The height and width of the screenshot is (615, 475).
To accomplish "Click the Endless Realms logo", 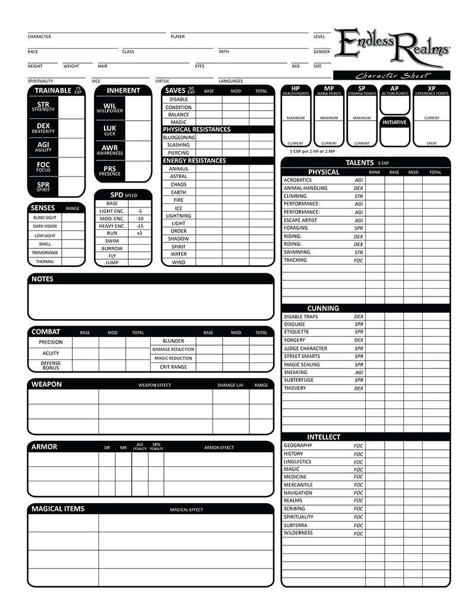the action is coord(391,47).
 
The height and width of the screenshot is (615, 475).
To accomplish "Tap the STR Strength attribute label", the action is coord(43,106).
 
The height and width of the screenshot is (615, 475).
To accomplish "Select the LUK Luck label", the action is coord(110,130).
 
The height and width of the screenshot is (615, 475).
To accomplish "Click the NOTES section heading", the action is coord(42,279).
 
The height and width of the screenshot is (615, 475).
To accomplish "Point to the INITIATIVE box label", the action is coord(394,122).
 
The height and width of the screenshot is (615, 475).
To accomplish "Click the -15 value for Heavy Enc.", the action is coord(140,226).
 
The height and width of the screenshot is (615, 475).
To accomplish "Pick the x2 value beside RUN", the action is coord(140,234).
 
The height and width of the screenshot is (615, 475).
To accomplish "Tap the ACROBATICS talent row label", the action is coord(297,180).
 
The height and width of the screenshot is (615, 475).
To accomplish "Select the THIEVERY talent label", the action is coord(294,388).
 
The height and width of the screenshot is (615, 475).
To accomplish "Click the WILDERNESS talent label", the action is coord(298,533).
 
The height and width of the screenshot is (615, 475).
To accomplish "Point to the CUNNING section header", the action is coord(323,308).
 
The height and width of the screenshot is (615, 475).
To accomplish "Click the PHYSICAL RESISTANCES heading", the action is coord(197,130).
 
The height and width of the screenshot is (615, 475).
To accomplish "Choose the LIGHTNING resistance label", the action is coord(178,216).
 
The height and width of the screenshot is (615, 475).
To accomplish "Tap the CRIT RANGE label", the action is coord(170,367).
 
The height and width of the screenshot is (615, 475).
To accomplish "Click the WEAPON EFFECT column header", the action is coord(154,385).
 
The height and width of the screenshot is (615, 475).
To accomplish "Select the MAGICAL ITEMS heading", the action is coord(58,509).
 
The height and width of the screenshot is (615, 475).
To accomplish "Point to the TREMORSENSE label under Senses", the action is coord(45,253).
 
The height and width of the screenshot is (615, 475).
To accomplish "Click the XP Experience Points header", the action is coord(432,90).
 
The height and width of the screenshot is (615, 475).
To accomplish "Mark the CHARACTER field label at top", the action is coord(39,37).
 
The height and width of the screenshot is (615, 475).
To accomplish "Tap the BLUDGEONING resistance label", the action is coord(178,137).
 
